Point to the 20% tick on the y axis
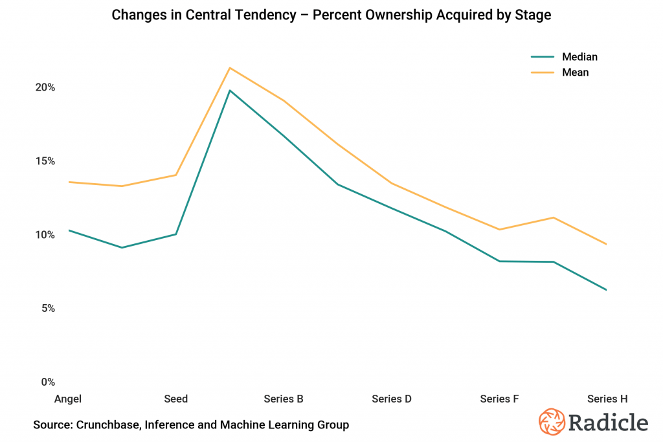(44, 87)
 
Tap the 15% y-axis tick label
(44, 161)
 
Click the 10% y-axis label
(44, 235)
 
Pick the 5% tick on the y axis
(47, 309)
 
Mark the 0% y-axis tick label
(47, 382)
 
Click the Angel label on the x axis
(68, 399)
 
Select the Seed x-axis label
(176, 399)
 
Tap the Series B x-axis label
(284, 399)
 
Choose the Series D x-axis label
(392, 399)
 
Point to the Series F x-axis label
(499, 399)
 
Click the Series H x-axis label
(607, 399)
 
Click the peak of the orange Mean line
(230, 67)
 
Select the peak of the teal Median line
(230, 90)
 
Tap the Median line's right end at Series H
(607, 290)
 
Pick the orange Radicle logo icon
(552, 422)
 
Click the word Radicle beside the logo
(609, 423)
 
